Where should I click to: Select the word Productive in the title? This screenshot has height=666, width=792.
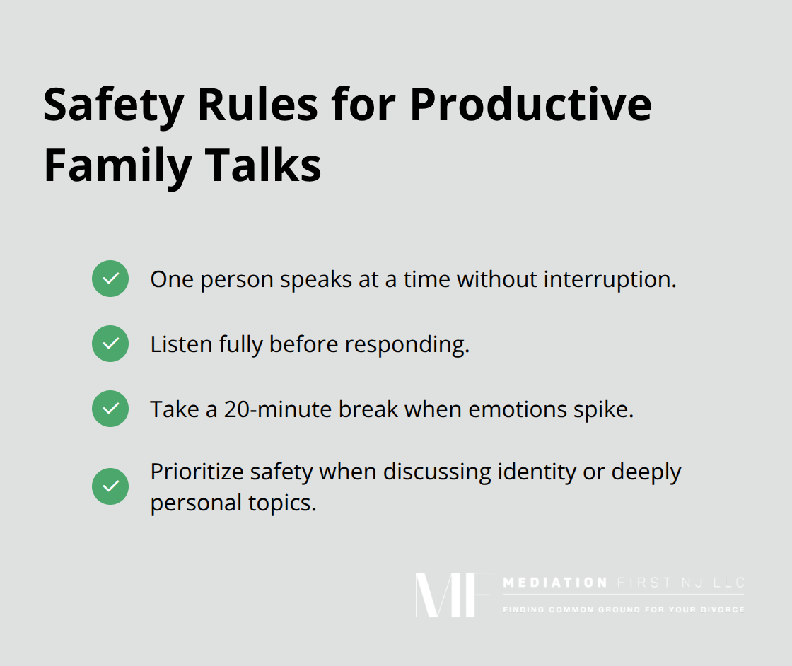tap(530, 106)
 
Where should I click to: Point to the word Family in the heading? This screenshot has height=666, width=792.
tap(117, 167)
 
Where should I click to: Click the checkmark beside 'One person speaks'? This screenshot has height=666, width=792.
tap(110, 279)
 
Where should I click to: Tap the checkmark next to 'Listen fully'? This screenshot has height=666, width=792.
tap(110, 344)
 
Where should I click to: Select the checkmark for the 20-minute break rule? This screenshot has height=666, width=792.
tap(110, 409)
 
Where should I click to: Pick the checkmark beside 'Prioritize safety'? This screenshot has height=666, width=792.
tap(110, 486)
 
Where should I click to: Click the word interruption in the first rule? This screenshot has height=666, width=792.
tap(610, 279)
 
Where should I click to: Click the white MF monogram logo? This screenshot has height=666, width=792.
tap(453, 595)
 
